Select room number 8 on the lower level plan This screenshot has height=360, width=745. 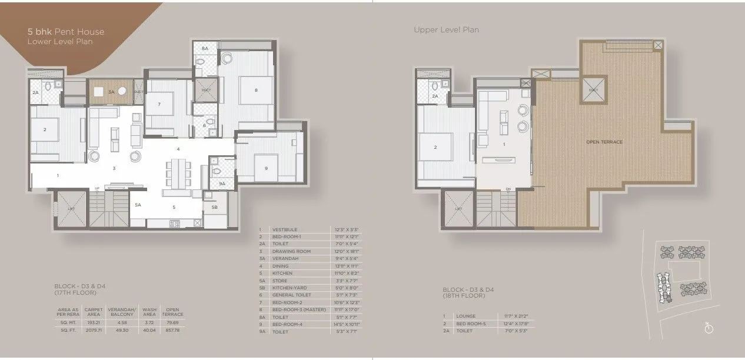256,90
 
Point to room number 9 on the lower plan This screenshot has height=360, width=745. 266,168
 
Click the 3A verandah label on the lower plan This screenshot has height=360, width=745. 111,92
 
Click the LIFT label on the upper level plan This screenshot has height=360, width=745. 458,209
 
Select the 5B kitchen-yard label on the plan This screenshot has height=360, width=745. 214,207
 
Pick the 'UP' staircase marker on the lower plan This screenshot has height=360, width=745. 97,189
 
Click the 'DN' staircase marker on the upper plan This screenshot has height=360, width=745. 507,189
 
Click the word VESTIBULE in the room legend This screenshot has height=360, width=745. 285,229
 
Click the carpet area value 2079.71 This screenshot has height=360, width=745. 94,331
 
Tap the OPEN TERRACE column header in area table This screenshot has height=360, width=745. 172,311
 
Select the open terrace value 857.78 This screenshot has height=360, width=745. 172,331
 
